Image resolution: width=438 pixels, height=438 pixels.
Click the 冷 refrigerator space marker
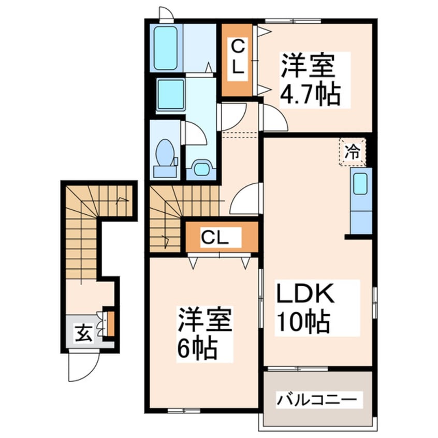[x=353, y=152]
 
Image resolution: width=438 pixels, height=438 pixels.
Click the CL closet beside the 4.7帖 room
[x=237, y=60]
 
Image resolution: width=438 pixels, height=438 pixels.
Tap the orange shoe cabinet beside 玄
[x=109, y=323]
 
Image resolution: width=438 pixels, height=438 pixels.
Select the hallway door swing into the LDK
[x=244, y=199]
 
